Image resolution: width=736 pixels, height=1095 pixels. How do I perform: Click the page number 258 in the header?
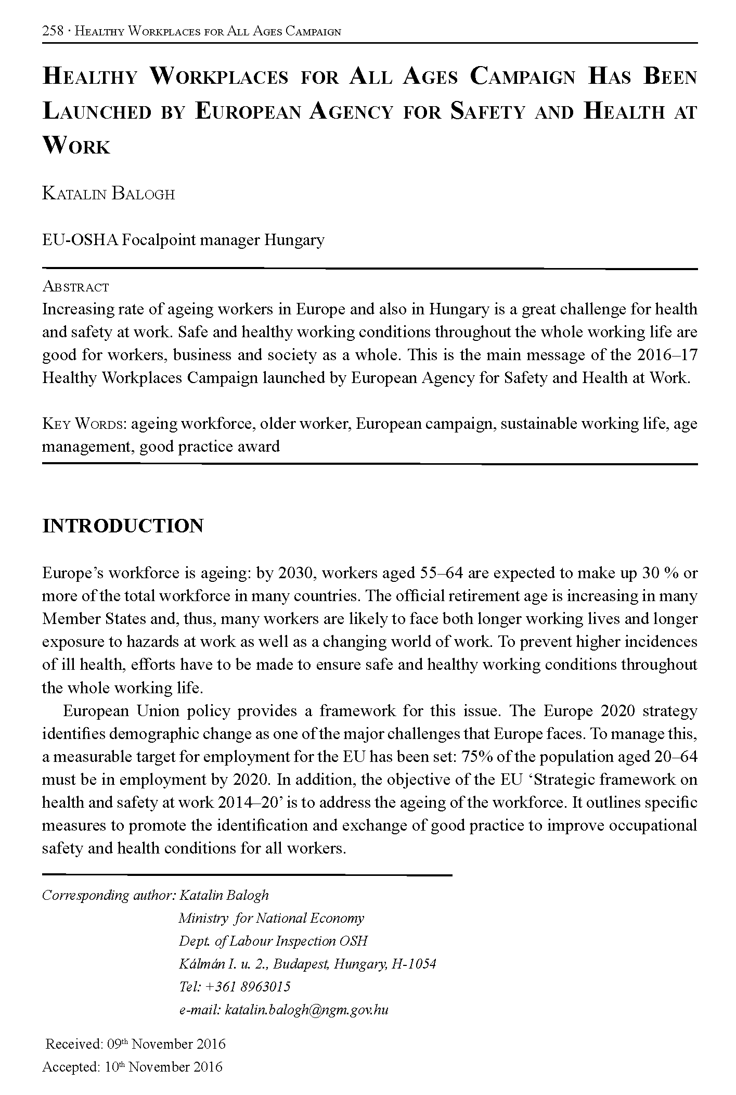[53, 31]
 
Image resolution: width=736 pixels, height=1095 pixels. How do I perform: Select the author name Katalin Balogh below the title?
[108, 194]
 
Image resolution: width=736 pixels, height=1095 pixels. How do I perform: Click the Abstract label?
[75, 287]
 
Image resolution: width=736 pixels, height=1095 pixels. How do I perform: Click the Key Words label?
[84, 424]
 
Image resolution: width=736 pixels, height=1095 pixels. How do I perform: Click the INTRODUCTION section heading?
[123, 526]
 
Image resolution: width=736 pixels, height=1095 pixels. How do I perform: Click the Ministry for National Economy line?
[271, 918]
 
